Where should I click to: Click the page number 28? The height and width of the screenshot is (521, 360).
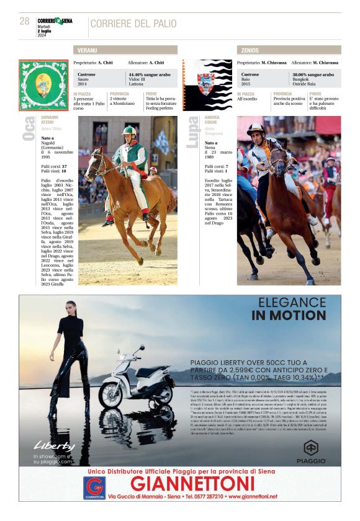click(25, 21)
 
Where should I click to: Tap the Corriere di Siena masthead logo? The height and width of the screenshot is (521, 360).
click(55, 20)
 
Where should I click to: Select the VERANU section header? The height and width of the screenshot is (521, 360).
click(125, 50)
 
